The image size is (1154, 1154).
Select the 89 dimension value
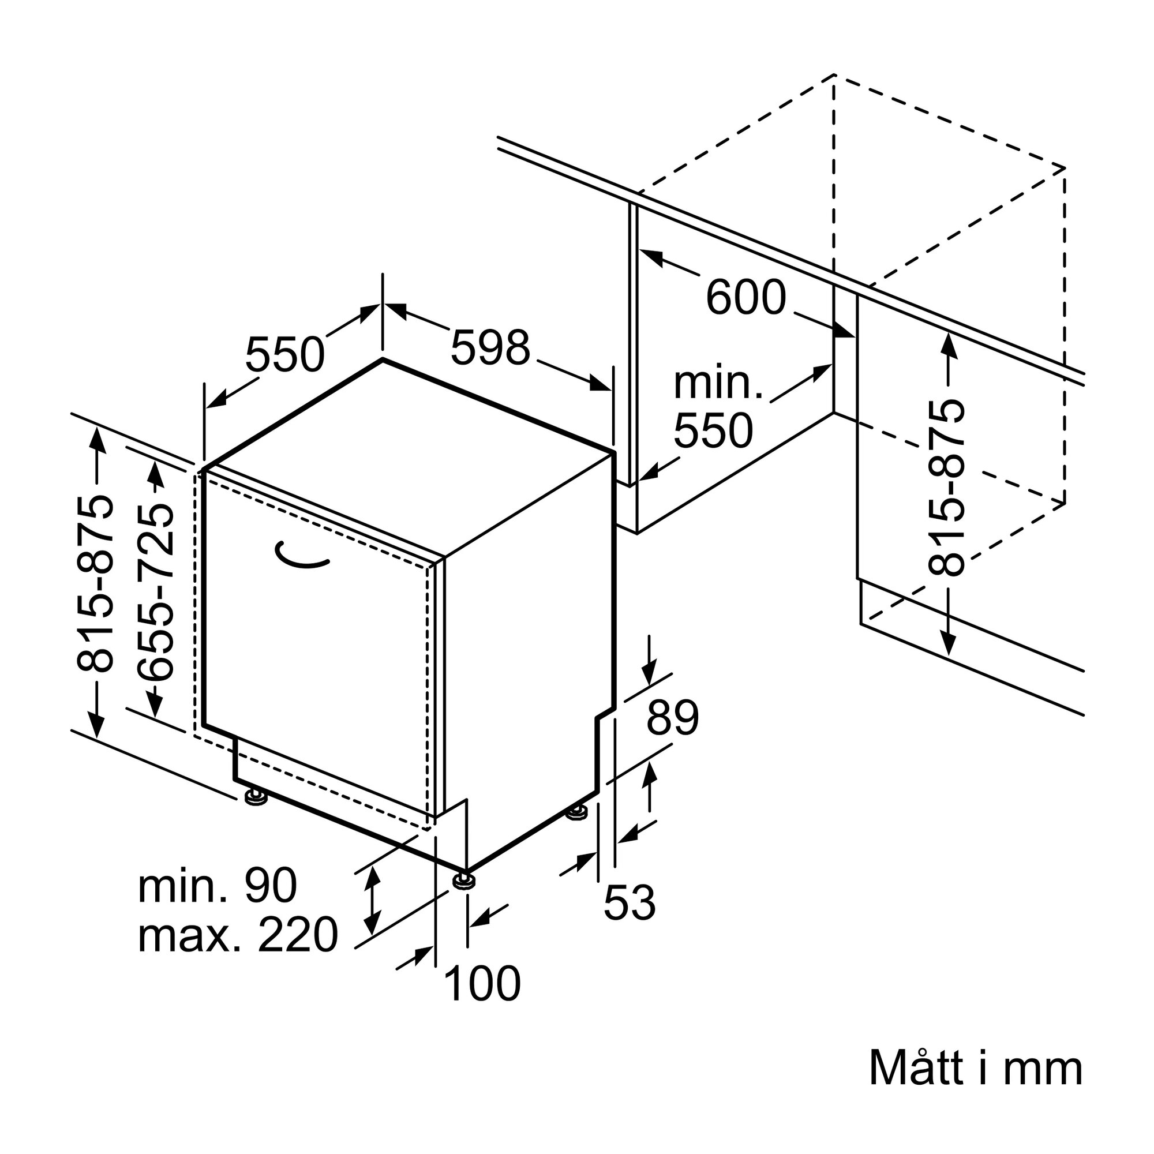(673, 717)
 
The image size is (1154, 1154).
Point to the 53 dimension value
(630, 902)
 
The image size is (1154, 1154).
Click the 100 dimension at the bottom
(482, 984)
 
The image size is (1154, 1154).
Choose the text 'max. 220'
(238, 935)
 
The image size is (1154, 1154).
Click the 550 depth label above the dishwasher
(285, 354)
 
